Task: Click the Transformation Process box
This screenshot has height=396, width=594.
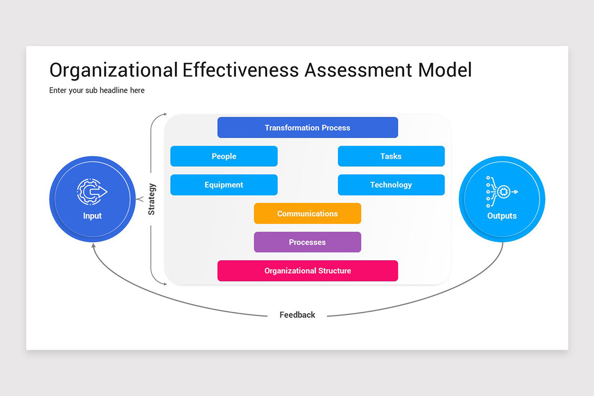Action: click(307, 128)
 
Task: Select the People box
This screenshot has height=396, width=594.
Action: click(224, 156)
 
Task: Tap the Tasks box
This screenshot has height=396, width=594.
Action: click(391, 156)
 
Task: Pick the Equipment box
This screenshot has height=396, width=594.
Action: click(224, 185)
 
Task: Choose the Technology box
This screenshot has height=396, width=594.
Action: click(391, 185)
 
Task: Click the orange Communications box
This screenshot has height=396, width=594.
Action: click(307, 214)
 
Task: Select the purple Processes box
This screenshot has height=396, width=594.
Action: click(307, 243)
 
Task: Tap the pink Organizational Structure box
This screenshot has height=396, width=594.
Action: click(307, 271)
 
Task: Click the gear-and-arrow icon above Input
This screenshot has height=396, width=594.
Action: click(92, 192)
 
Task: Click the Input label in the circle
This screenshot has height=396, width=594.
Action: click(93, 216)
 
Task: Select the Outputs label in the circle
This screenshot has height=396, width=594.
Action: click(502, 216)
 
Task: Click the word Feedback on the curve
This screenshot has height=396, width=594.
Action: click(297, 315)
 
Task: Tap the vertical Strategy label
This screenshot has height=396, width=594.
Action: click(152, 199)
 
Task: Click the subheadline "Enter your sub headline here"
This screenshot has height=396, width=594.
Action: click(97, 90)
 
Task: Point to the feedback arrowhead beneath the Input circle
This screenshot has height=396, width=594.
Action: click(93, 246)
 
